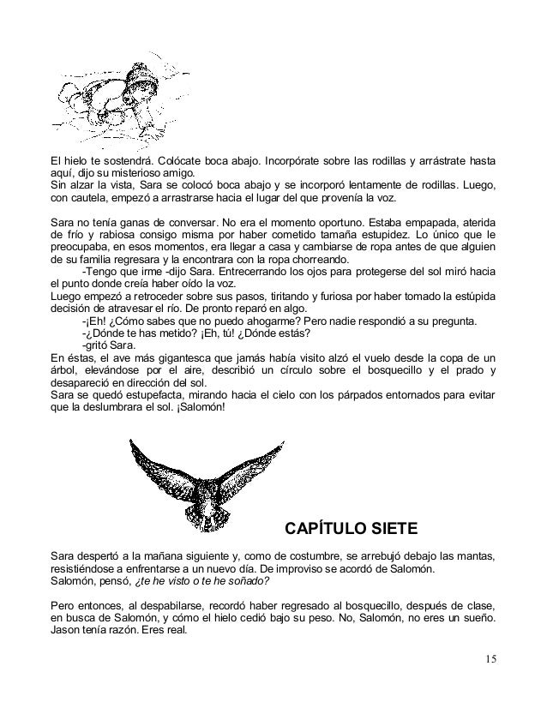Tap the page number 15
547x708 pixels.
489,659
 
